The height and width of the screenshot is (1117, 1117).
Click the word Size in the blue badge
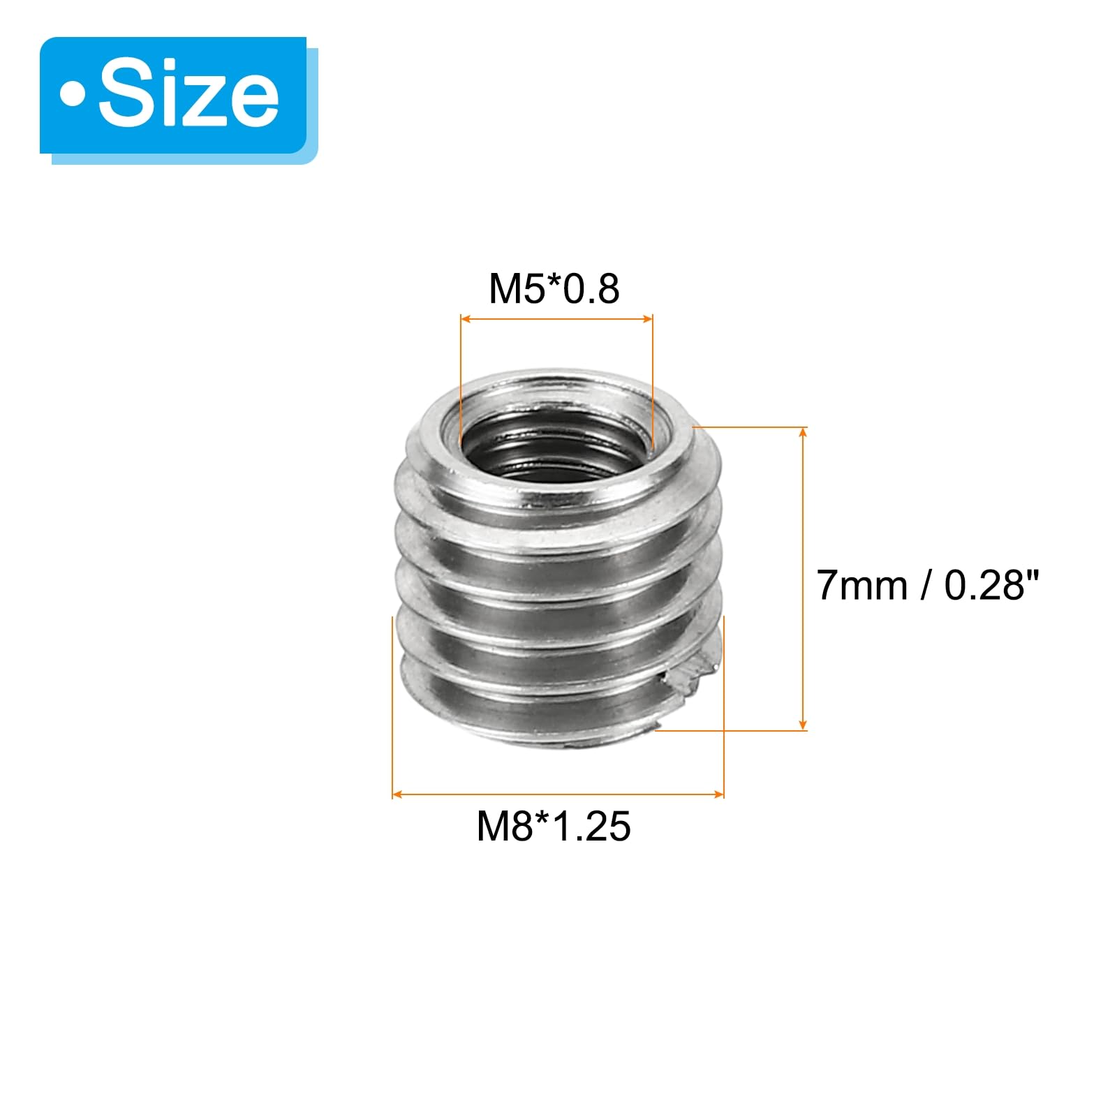click(x=188, y=96)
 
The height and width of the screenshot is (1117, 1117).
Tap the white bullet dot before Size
click(x=73, y=96)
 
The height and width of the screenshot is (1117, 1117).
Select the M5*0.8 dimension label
click(x=554, y=288)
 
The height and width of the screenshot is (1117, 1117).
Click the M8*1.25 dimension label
click(x=554, y=827)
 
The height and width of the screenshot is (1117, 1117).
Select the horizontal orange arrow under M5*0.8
click(x=556, y=319)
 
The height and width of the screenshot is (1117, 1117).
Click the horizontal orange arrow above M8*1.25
click(x=558, y=794)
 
